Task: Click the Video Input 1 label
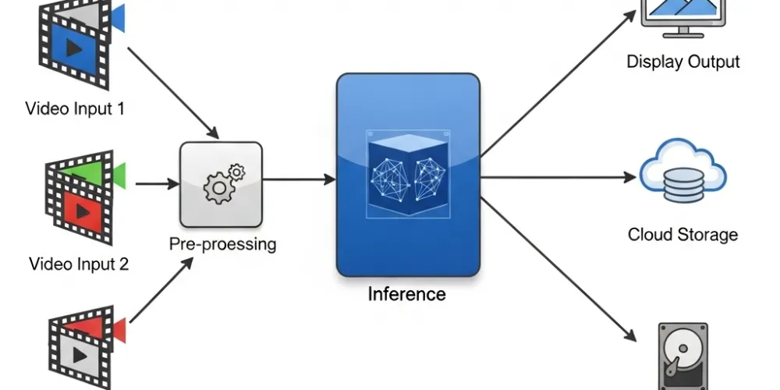tap(75, 108)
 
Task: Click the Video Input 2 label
tap(79, 264)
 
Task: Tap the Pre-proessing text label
tap(222, 244)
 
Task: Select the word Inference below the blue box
tap(406, 294)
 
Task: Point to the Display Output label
tap(683, 62)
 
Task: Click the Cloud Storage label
tap(682, 234)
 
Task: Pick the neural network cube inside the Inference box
tap(406, 173)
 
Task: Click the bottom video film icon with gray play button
tap(78, 351)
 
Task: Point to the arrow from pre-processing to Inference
tap(300, 179)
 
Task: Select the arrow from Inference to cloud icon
tap(558, 177)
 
